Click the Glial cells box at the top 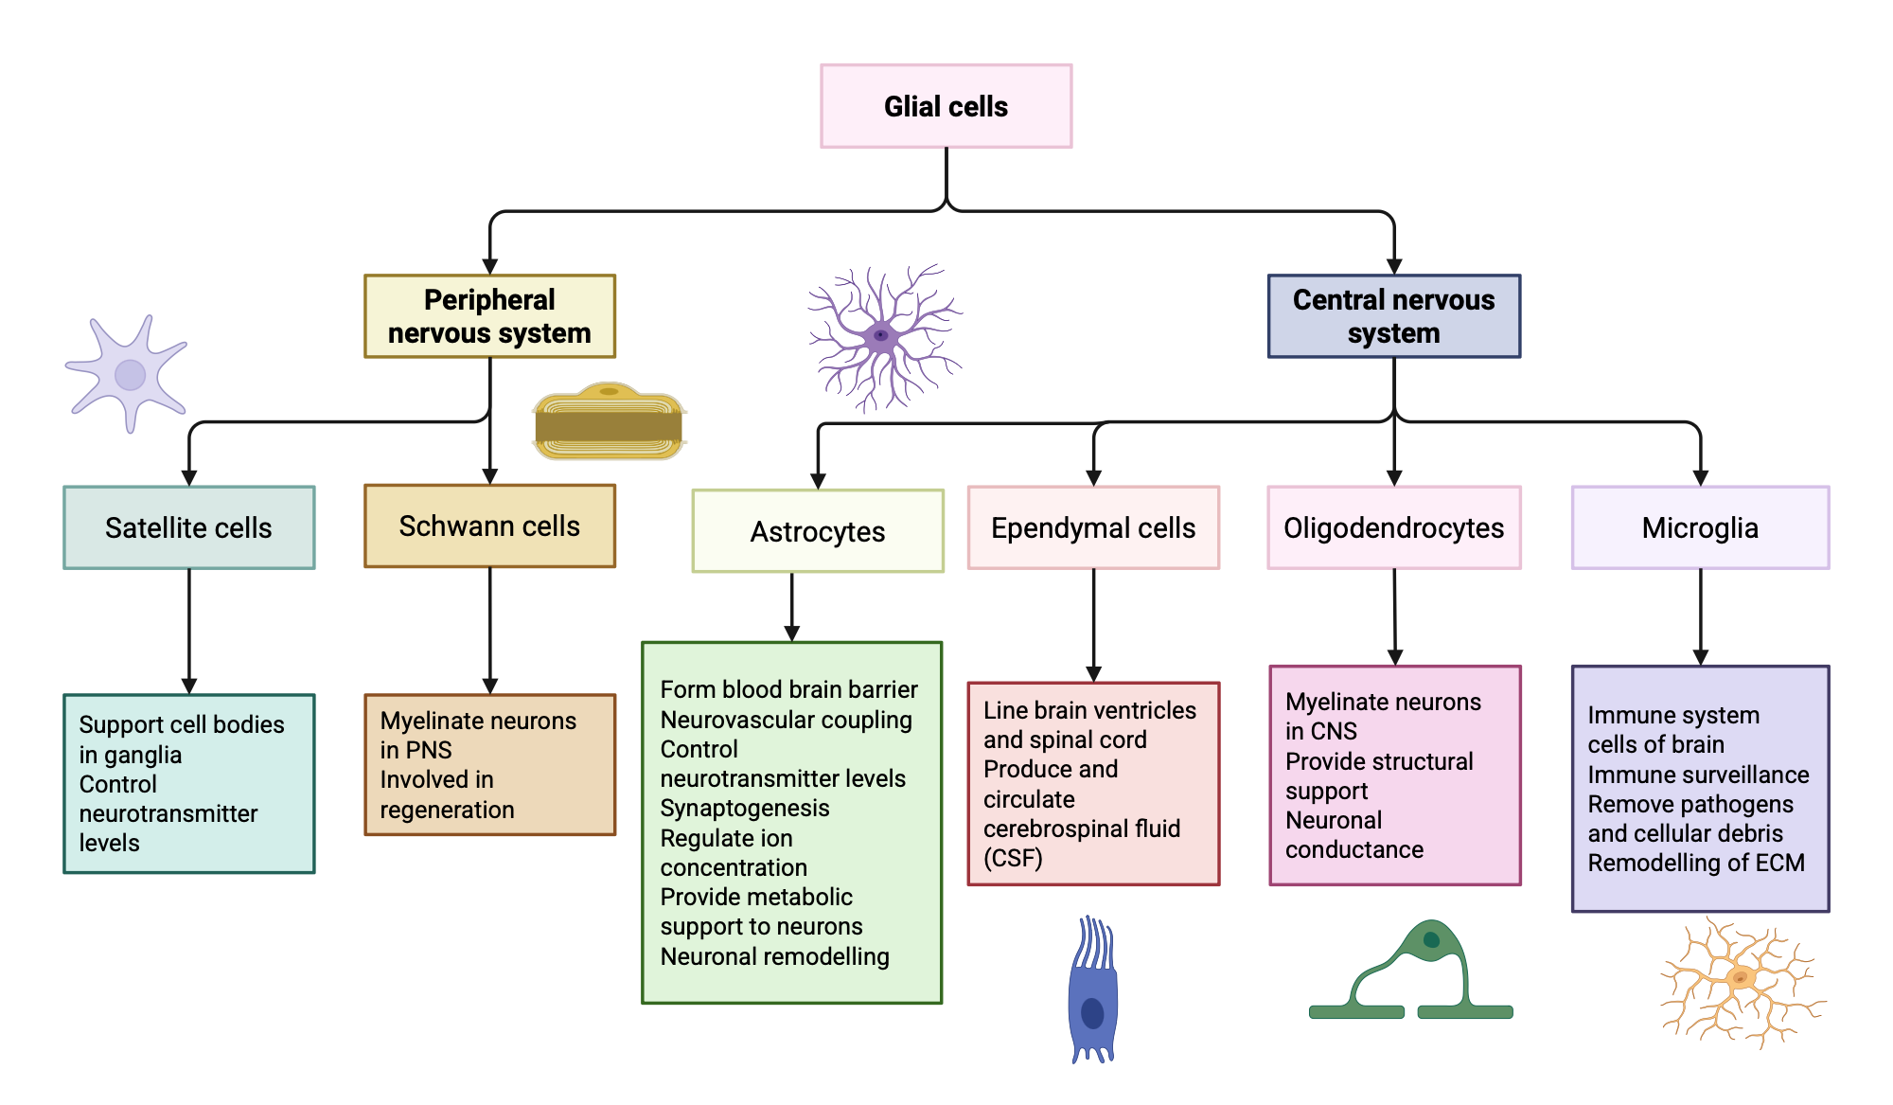[946, 106]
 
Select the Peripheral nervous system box [489, 316]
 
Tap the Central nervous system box [1393, 316]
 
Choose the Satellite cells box [188, 527]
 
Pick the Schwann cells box [489, 526]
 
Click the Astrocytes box [818, 531]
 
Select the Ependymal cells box [1093, 527]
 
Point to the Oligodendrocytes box [1393, 527]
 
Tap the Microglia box [1700, 527]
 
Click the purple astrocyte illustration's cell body [881, 336]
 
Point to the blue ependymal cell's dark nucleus [1092, 1014]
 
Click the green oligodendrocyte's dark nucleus [1431, 940]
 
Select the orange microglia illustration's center [1740, 978]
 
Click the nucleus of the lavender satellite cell [130, 375]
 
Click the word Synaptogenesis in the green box [745, 808]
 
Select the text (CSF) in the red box [1013, 858]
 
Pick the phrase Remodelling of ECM [1696, 863]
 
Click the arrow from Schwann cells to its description [489, 630]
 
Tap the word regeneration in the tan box [447, 810]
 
